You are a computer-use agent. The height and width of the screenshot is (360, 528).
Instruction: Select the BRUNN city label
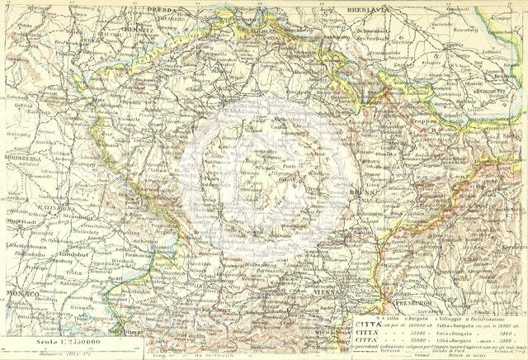pyautogui.click(x=361, y=192)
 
